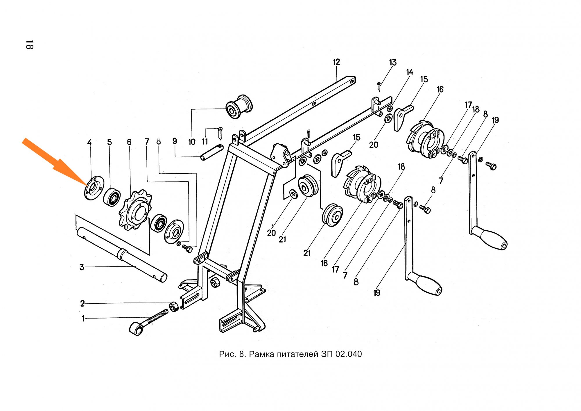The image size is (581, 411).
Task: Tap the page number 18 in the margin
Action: (x=29, y=45)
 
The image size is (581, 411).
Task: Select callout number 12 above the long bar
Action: (x=336, y=62)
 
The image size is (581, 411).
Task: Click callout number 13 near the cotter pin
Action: (x=393, y=63)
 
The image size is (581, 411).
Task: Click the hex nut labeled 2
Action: (x=173, y=306)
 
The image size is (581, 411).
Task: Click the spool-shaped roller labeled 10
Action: (x=239, y=106)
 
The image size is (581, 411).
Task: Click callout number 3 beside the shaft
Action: (x=82, y=267)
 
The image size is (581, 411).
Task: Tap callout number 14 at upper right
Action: (x=409, y=72)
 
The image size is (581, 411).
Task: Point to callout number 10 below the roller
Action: (x=192, y=142)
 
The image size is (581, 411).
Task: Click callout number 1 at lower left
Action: (x=83, y=319)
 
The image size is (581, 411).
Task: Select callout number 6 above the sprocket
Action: (x=129, y=142)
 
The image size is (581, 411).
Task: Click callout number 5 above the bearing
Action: (x=109, y=142)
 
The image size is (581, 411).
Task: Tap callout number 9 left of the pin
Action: (x=175, y=141)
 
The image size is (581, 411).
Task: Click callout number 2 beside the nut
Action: (x=83, y=304)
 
